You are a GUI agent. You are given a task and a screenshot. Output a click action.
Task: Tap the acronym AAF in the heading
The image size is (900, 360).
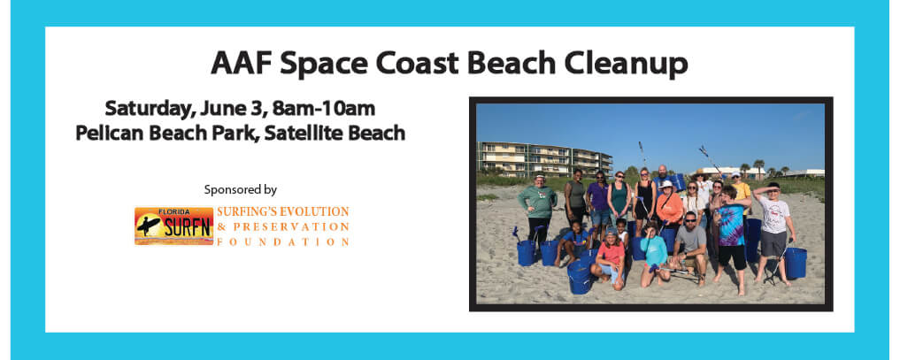[x=241, y=64]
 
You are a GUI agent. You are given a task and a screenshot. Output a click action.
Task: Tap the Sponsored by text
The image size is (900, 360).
[x=241, y=189]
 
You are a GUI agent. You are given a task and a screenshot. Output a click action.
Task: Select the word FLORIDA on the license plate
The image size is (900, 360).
[x=174, y=211]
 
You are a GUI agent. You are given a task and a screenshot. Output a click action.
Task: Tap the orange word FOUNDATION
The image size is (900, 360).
[x=282, y=241]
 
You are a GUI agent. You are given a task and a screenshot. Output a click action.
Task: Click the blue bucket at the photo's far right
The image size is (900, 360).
[x=795, y=263]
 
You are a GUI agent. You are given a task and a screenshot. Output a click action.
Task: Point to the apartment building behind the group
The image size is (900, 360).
[x=543, y=159]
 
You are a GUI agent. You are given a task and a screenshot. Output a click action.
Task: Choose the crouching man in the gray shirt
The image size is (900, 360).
[x=688, y=247]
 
